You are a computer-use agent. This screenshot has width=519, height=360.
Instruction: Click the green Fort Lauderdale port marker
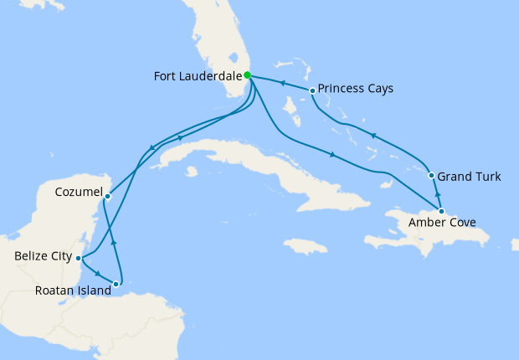[x=248, y=75]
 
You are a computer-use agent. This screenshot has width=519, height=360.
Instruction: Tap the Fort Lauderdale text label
[x=197, y=76]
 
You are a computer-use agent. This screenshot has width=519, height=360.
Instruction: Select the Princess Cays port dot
[x=312, y=90]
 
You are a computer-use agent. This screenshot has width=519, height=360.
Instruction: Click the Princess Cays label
[x=356, y=88]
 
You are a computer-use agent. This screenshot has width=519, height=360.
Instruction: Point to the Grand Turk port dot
[x=431, y=176]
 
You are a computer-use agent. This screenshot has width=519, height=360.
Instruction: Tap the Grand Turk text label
[x=470, y=177]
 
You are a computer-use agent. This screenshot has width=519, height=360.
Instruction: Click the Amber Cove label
[x=442, y=224]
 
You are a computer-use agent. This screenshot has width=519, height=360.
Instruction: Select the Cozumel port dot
[x=107, y=196]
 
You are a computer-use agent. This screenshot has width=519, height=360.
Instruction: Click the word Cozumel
[x=78, y=193]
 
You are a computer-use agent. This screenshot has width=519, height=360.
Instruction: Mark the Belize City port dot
[x=78, y=258]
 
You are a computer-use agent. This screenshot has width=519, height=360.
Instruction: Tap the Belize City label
[x=44, y=257]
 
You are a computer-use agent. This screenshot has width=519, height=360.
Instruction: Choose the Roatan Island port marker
[x=116, y=285]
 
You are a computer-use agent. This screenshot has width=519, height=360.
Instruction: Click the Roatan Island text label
[x=74, y=291]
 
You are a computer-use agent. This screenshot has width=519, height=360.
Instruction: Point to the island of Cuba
[x=251, y=164]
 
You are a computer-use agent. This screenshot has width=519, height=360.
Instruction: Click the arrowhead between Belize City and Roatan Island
[x=98, y=274]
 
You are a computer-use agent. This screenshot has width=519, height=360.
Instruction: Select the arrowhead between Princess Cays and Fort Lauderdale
[x=282, y=83]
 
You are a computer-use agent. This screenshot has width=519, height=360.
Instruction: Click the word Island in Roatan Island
[x=95, y=291]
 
